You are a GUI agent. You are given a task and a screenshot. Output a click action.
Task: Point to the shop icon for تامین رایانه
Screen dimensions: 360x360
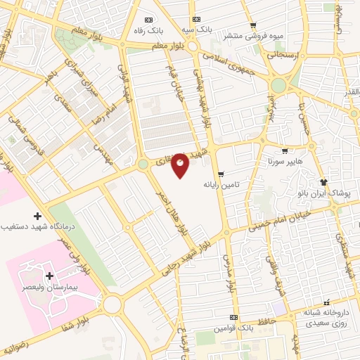[x=221, y=174]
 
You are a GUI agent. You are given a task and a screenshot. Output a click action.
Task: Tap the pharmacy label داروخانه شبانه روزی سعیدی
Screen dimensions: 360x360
[x=325, y=318]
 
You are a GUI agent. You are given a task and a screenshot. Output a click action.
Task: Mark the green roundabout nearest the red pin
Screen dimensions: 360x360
[x=143, y=164]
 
